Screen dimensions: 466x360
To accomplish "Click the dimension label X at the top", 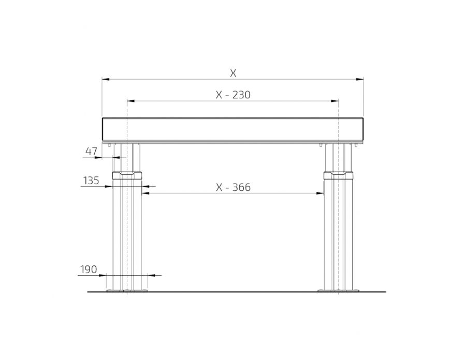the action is point(233,73).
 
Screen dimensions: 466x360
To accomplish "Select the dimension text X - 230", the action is point(233,95).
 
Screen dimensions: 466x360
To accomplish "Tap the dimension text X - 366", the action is point(233,187).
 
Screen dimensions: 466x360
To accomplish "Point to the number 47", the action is point(91,152).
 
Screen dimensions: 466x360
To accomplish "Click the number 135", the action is point(91,181).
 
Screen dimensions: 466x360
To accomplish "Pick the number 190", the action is point(89,269).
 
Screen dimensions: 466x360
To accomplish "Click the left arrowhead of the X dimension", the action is point(106,79).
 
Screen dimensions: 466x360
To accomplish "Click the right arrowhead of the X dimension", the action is point(360,79).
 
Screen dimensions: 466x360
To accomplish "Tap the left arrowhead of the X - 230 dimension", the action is point(131,101).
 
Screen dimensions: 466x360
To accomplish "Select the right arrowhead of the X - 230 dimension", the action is point(334,101).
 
